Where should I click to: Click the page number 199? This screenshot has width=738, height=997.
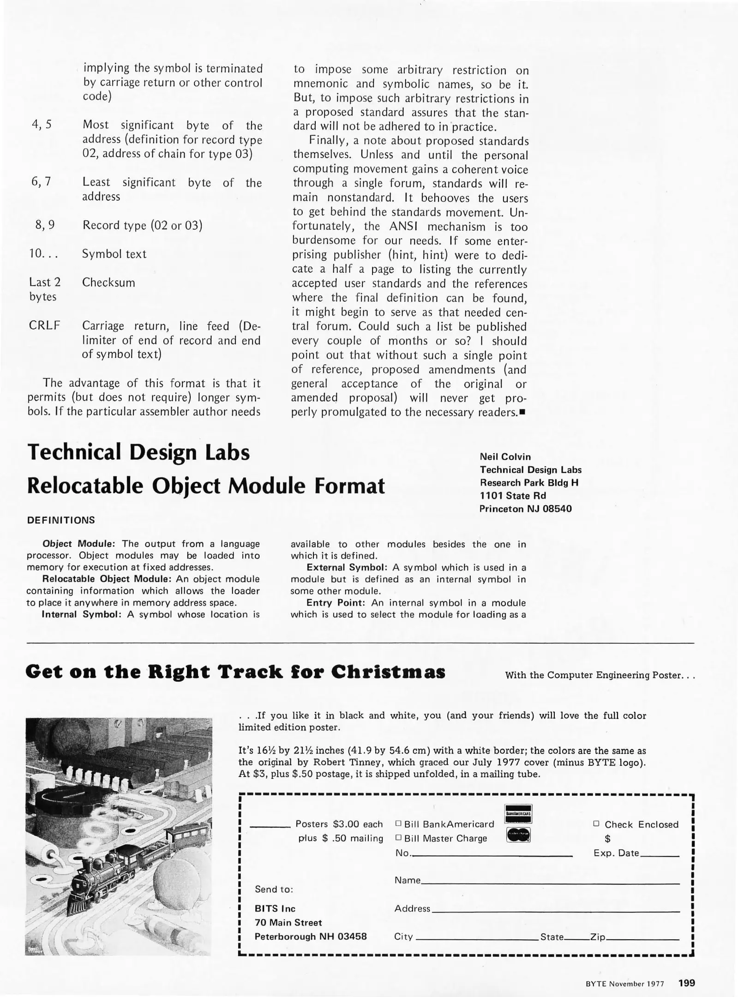click(x=686, y=983)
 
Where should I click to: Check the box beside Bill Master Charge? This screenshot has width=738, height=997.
click(x=398, y=838)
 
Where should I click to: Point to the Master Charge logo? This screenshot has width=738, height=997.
click(x=518, y=835)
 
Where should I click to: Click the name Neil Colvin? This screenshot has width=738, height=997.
click(x=505, y=456)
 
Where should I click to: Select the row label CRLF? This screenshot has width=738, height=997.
click(x=44, y=325)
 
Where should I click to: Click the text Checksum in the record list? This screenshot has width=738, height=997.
click(x=108, y=282)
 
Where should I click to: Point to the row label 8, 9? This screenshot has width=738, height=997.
click(x=45, y=225)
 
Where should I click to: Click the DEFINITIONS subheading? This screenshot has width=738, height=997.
click(x=61, y=520)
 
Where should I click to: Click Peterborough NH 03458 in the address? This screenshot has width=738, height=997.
click(x=311, y=937)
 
